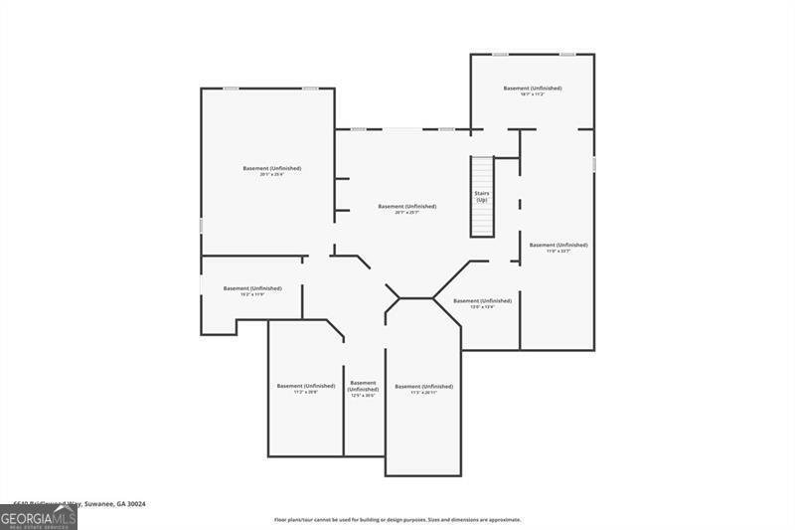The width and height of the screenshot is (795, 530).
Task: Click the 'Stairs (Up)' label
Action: tap(482, 197)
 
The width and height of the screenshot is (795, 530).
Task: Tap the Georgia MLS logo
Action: tap(39, 517)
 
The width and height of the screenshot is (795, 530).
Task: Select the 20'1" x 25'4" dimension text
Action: tap(272, 175)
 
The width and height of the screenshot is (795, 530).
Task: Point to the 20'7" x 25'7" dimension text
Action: tap(406, 213)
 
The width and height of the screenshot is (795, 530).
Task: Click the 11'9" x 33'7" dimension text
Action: tap(557, 252)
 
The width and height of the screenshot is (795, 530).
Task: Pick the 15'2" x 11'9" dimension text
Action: tap(252, 295)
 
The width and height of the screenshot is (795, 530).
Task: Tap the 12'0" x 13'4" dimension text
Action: tap(482, 307)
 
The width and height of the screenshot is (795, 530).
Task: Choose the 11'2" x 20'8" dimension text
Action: tap(305, 393)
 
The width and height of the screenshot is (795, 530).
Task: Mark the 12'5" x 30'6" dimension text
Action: tap(363, 396)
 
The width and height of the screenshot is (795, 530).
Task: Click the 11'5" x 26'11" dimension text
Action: tap(423, 393)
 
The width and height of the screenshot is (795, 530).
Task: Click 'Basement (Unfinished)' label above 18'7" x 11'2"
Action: tap(533, 88)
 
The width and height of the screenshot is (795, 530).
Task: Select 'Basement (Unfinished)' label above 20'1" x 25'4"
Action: tap(272, 168)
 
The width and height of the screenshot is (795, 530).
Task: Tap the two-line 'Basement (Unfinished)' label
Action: tap(363, 386)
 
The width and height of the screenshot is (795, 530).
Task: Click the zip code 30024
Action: tap(136, 504)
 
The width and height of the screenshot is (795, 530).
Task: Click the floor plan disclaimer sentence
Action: tap(397, 519)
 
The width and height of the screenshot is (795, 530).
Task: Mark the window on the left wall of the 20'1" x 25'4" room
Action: tap(202, 226)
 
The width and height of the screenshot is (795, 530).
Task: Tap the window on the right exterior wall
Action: tap(594, 164)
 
